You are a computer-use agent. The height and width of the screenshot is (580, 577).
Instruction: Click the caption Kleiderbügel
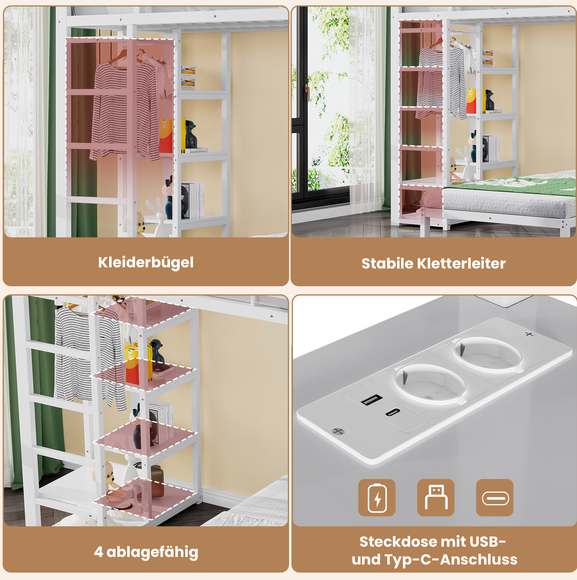[x=146, y=263]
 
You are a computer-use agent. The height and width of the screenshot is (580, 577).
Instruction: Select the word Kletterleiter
[x=461, y=264]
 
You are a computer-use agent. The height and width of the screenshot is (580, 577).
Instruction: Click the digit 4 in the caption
[x=98, y=552]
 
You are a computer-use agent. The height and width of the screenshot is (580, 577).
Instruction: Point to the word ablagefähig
[x=153, y=552]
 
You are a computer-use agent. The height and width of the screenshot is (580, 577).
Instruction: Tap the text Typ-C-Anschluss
[x=451, y=560]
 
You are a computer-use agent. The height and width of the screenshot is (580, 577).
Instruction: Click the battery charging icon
[x=377, y=498]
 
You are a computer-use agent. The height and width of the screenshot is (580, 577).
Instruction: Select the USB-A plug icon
[x=436, y=498]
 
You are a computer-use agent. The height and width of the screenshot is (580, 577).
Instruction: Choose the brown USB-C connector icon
[x=495, y=498]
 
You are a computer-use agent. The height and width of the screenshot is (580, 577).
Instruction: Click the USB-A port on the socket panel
[x=372, y=400]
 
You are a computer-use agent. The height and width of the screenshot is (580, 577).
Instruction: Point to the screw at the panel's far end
[x=530, y=334]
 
